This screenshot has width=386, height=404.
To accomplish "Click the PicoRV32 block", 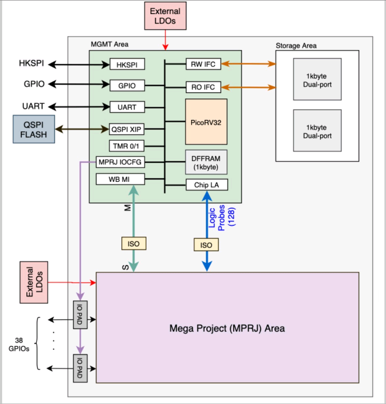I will (x=206, y=122).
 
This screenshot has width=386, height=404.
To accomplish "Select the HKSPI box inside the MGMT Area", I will (x=127, y=65).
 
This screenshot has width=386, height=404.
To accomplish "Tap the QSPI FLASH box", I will (x=34, y=129).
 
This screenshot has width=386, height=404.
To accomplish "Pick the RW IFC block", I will (x=203, y=65).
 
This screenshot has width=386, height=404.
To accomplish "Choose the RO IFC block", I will (x=203, y=86).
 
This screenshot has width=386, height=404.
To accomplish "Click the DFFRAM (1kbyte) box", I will (x=206, y=161).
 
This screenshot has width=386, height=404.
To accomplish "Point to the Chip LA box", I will (x=206, y=185).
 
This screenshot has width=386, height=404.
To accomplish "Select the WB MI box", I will (x=127, y=179).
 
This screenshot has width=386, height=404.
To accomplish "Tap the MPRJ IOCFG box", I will (x=127, y=162).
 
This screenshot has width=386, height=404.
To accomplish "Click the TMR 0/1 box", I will (x=127, y=146).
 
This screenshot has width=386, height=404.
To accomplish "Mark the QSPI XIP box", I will (x=127, y=129).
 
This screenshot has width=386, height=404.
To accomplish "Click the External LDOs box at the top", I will (x=165, y=15).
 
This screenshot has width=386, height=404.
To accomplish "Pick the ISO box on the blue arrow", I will (x=206, y=245).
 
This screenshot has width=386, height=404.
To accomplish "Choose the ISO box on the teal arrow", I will (x=133, y=244).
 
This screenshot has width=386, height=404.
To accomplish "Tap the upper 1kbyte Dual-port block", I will (x=317, y=79).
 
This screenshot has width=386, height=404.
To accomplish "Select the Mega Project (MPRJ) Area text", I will (x=227, y=328).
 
